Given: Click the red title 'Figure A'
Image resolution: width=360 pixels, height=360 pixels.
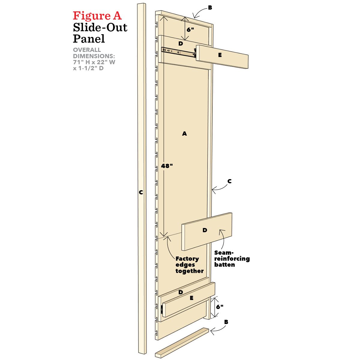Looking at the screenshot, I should coord(97,16).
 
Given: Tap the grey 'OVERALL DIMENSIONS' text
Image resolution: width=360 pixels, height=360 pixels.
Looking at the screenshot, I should coord(94,59).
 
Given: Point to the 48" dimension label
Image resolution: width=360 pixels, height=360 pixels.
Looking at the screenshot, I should coord(167,166).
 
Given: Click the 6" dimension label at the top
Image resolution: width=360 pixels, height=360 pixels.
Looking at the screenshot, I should coord(190,30).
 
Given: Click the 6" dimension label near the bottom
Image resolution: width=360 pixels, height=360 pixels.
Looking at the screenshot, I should coord(220,307).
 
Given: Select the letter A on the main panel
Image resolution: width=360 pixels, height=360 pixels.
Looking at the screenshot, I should coord(184,134).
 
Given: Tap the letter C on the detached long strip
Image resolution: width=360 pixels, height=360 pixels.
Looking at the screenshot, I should coord(141,193).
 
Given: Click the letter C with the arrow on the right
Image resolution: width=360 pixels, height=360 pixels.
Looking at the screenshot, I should coord(229,181).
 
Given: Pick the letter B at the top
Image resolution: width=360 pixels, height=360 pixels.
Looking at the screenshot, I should coord(210,8).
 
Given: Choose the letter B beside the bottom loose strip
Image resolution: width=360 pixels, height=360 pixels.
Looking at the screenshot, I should coord(226,322).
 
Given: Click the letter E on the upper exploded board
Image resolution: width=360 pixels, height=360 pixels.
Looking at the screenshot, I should coord(220,55).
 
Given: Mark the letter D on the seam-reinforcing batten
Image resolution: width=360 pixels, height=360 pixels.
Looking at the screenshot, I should coord(205,230).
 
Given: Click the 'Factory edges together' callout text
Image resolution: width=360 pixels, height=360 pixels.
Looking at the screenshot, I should coord(189,265).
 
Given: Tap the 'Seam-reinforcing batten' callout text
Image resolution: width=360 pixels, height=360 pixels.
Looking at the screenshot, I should coord(232,259).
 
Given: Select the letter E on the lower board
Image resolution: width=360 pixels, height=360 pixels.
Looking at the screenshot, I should coord(191,298).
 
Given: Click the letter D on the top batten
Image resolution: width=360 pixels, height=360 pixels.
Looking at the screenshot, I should coord(181,43).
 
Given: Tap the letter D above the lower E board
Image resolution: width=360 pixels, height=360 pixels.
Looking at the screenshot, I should coord(181,292).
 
